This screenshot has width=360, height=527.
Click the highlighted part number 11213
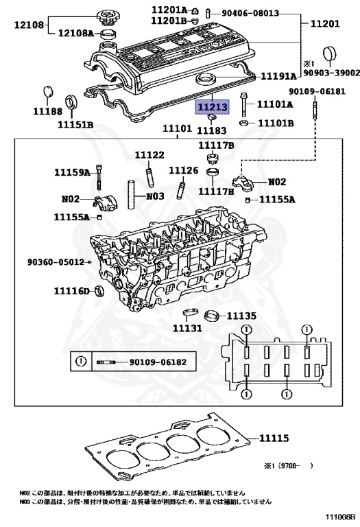coord(213,107)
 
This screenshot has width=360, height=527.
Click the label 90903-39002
coord(331,72)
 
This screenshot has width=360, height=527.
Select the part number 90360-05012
coord(55,261)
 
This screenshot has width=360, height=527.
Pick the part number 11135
coord(241,316)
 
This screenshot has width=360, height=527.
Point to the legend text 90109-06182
coord(158,362)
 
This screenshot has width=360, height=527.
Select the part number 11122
coord(149,155)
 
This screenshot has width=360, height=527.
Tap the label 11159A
coord(73,172)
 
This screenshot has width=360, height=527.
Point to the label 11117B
coord(216,145)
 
